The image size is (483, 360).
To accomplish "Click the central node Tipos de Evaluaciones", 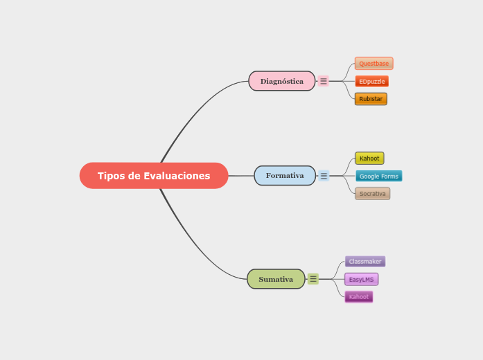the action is [x=153, y=176].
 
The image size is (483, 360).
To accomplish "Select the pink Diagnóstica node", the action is [x=281, y=81].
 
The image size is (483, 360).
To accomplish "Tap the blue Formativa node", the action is [x=284, y=175].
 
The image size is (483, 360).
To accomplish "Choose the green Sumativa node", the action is [x=276, y=279].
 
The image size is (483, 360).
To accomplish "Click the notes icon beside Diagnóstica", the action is [x=324, y=81].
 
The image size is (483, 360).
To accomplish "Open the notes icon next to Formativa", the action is [x=324, y=176].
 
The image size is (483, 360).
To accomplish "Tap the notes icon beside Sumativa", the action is [x=313, y=279].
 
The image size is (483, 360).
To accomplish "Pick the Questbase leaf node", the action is [x=374, y=64].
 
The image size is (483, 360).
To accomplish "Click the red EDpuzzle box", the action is [x=371, y=82].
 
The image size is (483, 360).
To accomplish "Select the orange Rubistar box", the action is [x=371, y=99].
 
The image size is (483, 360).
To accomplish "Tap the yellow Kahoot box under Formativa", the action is [x=369, y=159].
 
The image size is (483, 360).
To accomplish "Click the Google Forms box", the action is [x=378, y=176].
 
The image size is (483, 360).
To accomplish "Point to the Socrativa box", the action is [x=372, y=194].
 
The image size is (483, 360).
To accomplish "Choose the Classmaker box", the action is [x=365, y=262].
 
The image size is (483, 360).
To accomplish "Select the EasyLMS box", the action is [x=361, y=280].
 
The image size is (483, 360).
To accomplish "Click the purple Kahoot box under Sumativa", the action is [x=358, y=297].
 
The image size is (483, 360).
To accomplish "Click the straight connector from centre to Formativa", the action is [x=240, y=176].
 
